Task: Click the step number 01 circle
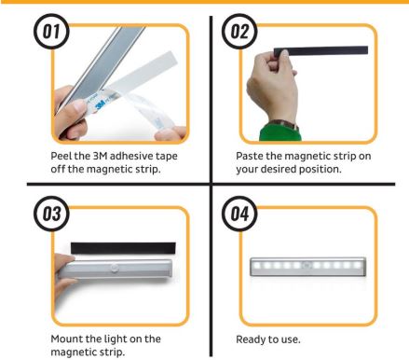click(51, 31)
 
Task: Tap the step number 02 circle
click(239, 31)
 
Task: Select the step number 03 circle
click(51, 214)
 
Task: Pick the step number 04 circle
click(239, 214)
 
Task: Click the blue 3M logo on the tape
click(100, 104)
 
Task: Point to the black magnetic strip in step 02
click(320, 51)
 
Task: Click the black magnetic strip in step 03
click(123, 248)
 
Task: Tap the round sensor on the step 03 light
click(115, 268)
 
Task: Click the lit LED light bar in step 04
click(308, 266)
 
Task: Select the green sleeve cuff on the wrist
click(280, 132)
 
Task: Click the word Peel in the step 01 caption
click(61, 156)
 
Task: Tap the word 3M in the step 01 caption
click(100, 156)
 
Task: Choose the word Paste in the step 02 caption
click(250, 156)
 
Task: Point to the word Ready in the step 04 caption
click(250, 339)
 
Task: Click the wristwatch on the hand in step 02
click(285, 125)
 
